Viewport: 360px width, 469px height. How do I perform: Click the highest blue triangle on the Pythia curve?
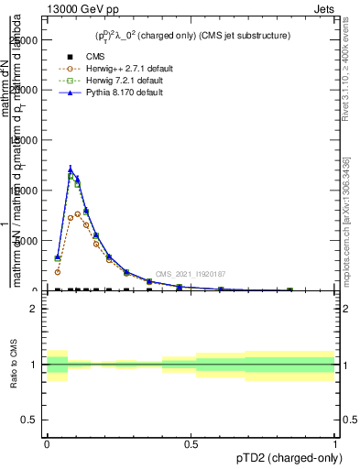pos(71,169)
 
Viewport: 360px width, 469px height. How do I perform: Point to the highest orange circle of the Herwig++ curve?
pos(78,214)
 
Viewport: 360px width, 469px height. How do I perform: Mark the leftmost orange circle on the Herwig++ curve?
pos(58,272)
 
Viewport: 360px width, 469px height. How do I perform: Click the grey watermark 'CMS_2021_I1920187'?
pos(190,274)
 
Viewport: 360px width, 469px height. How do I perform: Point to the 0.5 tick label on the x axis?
pos(191,443)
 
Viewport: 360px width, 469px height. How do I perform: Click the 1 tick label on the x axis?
pos(334,443)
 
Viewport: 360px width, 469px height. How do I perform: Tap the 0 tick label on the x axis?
pos(47,443)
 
